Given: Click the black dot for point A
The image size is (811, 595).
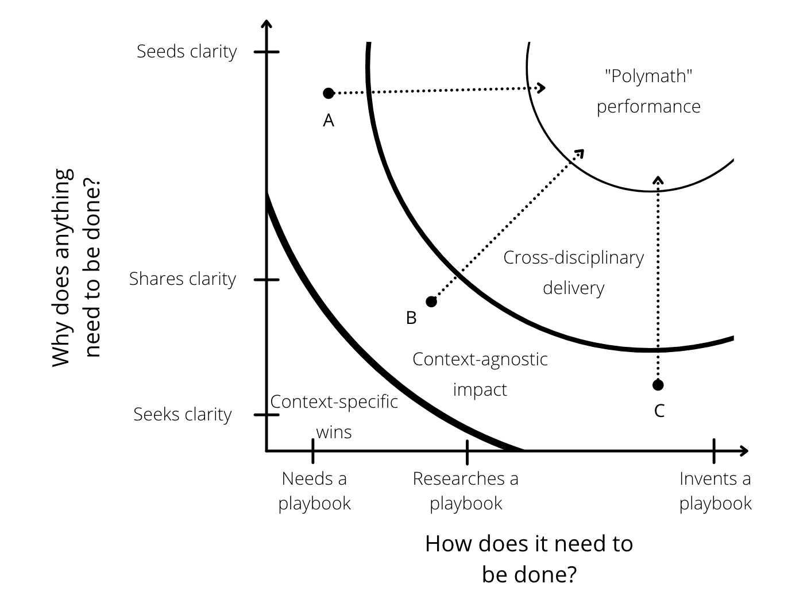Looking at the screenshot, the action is (x=329, y=94).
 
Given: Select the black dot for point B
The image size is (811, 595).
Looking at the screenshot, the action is (x=431, y=302).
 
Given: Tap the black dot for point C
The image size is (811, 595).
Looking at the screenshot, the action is (x=658, y=385).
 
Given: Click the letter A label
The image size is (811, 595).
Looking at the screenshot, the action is (x=329, y=121).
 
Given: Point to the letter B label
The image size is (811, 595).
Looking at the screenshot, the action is (x=411, y=318).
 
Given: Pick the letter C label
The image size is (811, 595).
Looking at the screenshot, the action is (x=659, y=411).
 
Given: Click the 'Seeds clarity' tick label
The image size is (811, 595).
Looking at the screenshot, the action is (x=187, y=52).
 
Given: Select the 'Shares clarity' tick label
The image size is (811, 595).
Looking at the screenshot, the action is (x=183, y=279).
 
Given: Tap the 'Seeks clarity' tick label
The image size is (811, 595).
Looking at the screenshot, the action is (x=183, y=415).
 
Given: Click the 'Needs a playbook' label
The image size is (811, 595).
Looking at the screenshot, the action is (x=314, y=491).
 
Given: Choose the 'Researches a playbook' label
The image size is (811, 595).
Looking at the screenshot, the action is (x=466, y=491).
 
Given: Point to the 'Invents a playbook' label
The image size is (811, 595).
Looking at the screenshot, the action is (x=715, y=491).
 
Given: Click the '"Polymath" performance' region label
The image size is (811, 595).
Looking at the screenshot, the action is (x=648, y=91).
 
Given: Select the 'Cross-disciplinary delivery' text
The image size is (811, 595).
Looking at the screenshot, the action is (x=573, y=273).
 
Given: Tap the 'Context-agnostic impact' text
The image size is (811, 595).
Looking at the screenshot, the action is (x=480, y=374).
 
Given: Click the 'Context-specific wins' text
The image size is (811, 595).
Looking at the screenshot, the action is (x=334, y=417).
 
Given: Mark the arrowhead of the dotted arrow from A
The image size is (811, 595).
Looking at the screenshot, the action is (x=542, y=88).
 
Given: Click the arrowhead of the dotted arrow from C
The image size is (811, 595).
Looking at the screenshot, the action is (x=658, y=180).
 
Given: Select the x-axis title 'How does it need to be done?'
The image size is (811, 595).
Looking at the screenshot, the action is (x=529, y=559).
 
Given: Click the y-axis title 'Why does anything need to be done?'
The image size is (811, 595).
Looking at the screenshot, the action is (x=76, y=268).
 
